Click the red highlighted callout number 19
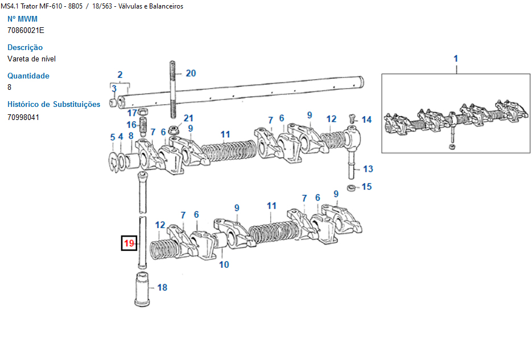129,244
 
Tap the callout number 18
162,288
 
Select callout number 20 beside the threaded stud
191,73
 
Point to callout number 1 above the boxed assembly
456,59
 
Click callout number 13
368,168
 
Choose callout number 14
367,119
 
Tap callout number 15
367,187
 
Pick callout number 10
224,264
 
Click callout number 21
188,118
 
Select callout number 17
132,113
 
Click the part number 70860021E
26,30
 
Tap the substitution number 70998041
23,117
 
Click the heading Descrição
25,47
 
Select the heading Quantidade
28,76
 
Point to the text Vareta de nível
31,59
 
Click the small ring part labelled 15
352,187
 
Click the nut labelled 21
176,130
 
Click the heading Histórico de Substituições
53,104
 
